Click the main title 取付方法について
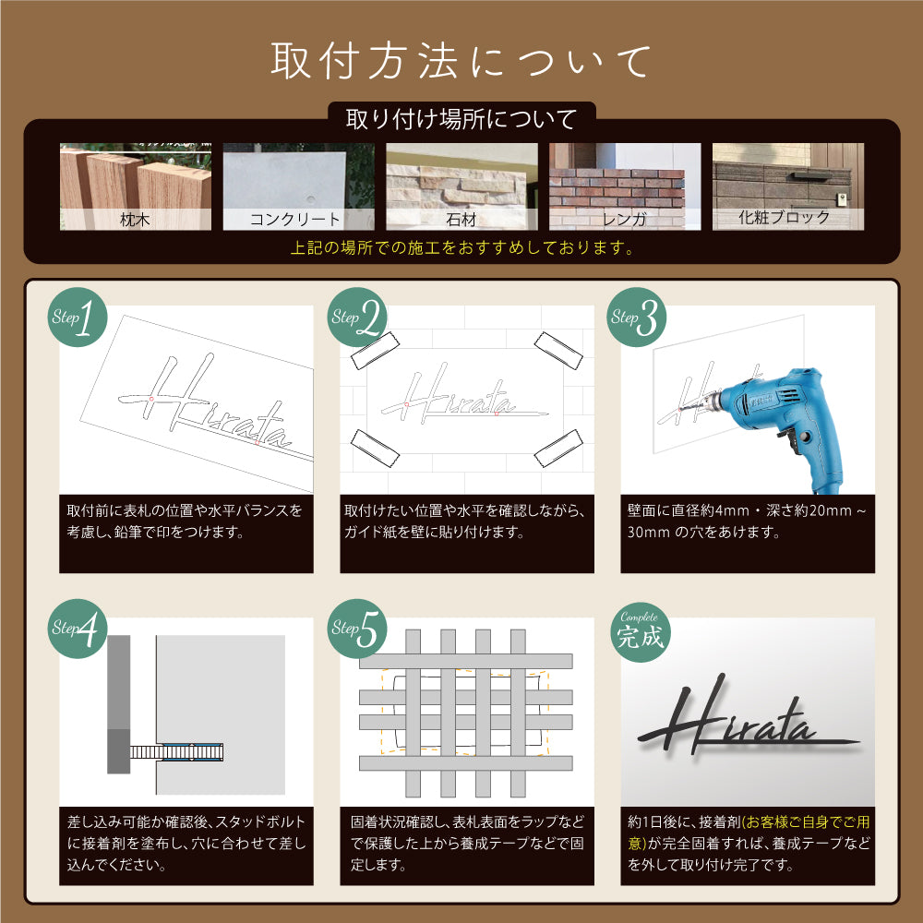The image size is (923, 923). (x=461, y=61)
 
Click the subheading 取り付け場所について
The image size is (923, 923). (x=461, y=119)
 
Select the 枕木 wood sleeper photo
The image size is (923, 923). (x=136, y=186)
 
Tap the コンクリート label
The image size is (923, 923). (x=295, y=220)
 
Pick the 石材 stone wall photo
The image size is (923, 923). (x=461, y=186)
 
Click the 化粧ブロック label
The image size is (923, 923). (x=784, y=217)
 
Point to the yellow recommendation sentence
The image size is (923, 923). (x=462, y=247)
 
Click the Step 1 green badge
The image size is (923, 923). (x=78, y=317)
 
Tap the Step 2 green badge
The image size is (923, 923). (x=357, y=317)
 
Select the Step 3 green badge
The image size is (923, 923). (x=637, y=317)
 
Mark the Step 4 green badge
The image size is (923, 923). (x=78, y=628)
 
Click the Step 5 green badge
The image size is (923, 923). (x=357, y=628)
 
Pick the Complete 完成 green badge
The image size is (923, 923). (x=641, y=631)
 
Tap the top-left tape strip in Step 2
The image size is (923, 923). (x=375, y=351)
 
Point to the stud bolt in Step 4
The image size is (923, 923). (x=176, y=751)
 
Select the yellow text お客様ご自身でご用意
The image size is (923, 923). (x=748, y=833)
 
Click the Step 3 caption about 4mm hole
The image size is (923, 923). (x=747, y=521)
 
